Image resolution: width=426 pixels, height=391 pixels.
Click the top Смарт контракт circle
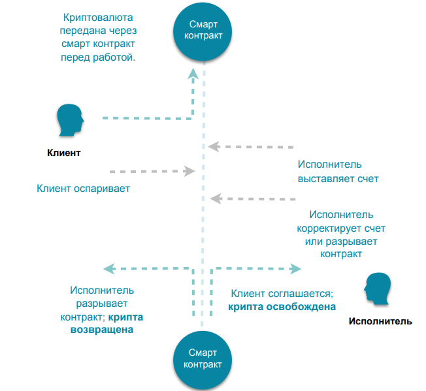[203, 30]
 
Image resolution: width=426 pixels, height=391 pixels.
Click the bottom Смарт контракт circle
[203, 358]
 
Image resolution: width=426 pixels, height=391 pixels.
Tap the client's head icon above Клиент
[69, 120]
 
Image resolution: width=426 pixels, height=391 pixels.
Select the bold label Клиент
[64, 154]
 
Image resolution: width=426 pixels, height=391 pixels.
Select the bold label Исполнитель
[380, 321]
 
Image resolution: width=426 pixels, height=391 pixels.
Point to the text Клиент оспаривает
[84, 189]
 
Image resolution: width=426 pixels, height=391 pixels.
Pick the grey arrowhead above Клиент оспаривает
[190, 171]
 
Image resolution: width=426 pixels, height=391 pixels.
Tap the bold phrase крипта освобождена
[282, 307]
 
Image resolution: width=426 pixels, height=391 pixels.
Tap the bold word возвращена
[101, 330]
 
